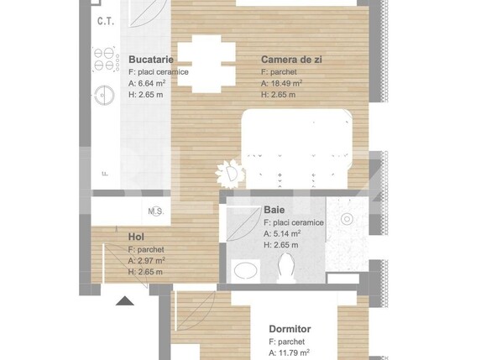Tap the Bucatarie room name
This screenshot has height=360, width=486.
click(x=151, y=60)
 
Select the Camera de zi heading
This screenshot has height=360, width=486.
click(x=291, y=60)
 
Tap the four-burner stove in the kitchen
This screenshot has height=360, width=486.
click(x=104, y=60)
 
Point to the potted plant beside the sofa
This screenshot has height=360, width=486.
click(x=230, y=174)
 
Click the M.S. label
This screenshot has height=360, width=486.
click(x=155, y=211)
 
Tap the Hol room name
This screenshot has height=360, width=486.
click(x=136, y=237)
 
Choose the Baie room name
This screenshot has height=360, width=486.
click(x=274, y=210)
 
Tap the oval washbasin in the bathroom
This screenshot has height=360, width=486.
click(x=246, y=270)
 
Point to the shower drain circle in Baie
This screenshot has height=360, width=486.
click(x=345, y=219)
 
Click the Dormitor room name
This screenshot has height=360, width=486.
click(x=290, y=330)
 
